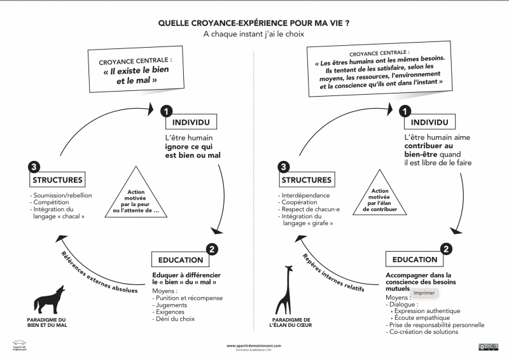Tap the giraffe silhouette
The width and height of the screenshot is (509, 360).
point(286,289)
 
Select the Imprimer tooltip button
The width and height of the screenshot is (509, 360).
point(424,293)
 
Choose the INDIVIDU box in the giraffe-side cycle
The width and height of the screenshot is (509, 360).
point(429,121)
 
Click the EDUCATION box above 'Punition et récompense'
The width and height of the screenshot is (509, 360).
point(181,260)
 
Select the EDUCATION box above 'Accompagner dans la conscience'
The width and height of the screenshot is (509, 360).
point(415,260)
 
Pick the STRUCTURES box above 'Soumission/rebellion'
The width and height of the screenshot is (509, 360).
point(57,180)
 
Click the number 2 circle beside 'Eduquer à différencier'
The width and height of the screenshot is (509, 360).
point(213,249)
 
